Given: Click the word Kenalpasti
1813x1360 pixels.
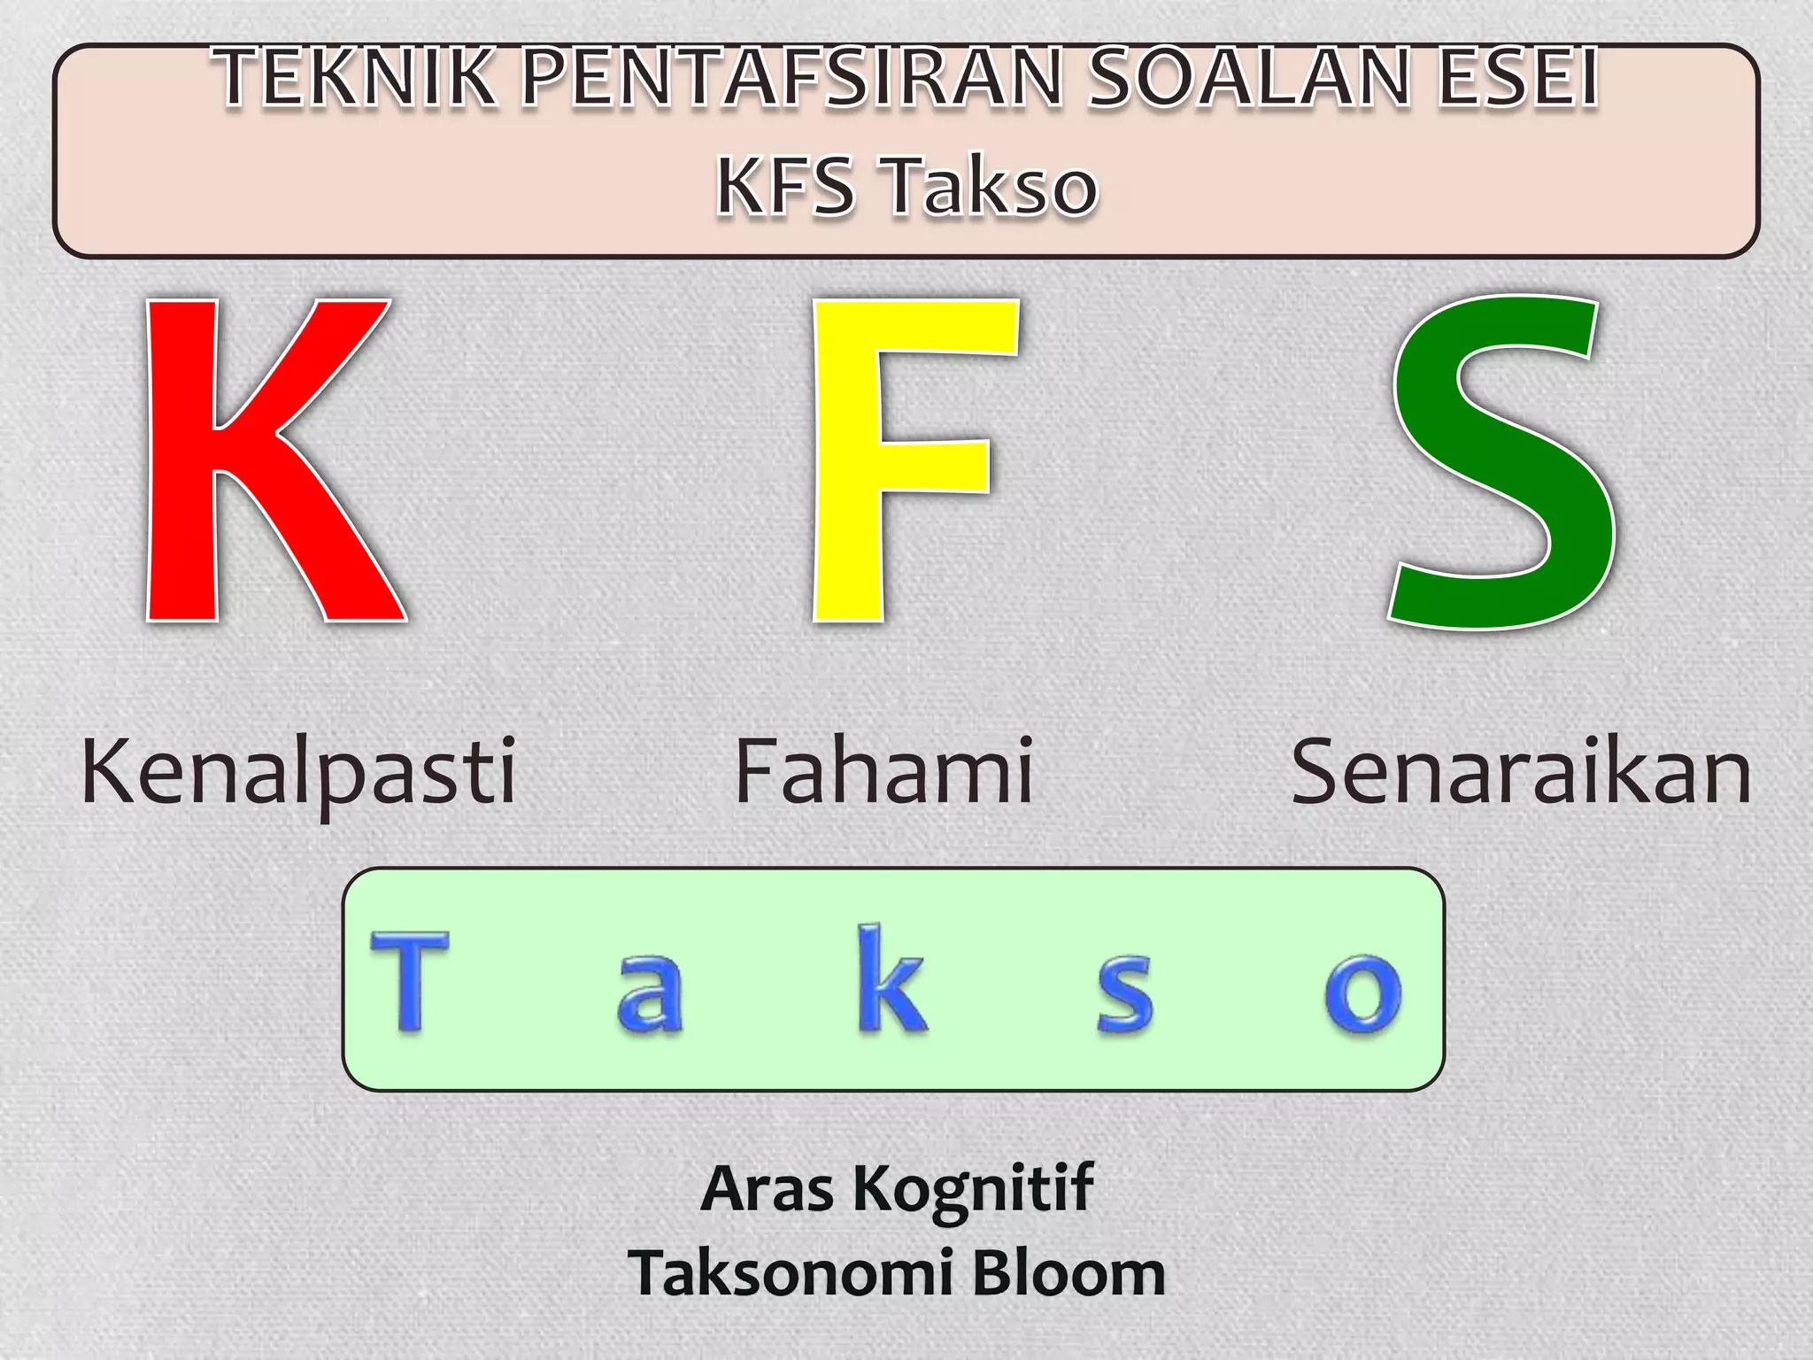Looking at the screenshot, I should click(298, 772).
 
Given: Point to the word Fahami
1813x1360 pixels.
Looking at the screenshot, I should click(883, 772).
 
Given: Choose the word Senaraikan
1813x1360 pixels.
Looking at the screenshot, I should click(1521, 772).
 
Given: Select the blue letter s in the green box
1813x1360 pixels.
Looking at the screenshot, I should click(1124, 993).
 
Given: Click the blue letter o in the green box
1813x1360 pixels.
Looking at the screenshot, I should click(1363, 993).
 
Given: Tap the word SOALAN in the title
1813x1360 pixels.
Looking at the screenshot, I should click(1248, 78).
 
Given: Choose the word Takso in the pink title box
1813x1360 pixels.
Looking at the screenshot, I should click(991, 186).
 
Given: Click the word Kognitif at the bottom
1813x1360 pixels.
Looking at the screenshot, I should click(973, 1189).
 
